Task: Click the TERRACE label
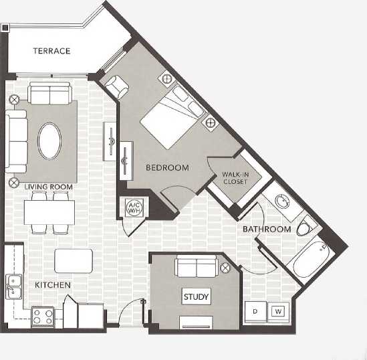[x=52, y=51]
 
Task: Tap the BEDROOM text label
[x=167, y=168]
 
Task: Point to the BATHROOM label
[x=267, y=230]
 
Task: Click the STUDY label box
[x=196, y=296]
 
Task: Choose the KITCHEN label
[x=53, y=286]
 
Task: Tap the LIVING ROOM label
[x=48, y=187]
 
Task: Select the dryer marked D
[x=255, y=312]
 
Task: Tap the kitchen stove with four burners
[x=44, y=314]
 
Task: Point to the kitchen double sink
[x=13, y=285]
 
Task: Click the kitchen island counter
[x=74, y=260]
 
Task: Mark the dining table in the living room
[x=49, y=213]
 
